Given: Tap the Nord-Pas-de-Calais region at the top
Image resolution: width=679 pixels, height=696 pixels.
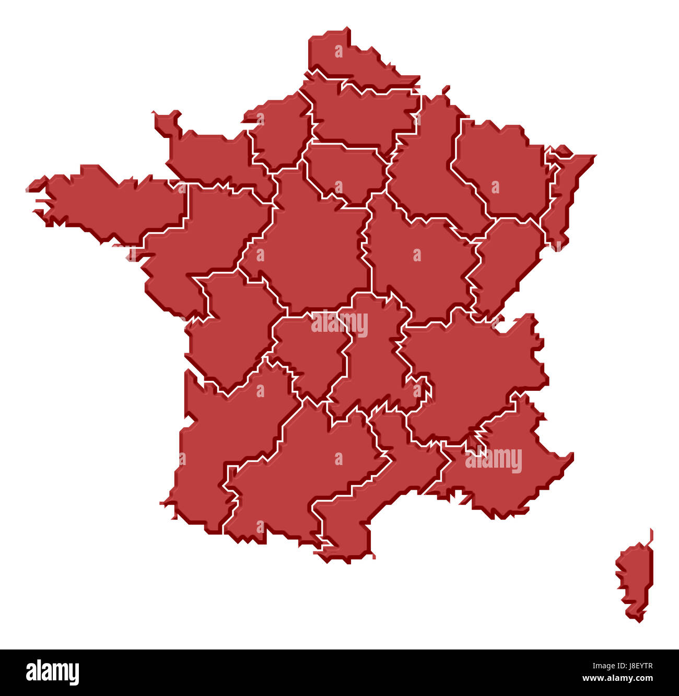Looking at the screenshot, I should point(350,60).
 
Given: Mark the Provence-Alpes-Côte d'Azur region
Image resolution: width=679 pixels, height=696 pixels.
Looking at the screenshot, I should point(501,470).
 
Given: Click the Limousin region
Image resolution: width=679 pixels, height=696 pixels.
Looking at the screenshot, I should point(311,355).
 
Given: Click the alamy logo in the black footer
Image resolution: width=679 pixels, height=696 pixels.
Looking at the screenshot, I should point(52,672).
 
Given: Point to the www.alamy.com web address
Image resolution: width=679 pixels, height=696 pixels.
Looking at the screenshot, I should point(617,679).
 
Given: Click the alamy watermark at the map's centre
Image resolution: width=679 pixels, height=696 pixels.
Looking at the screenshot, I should point(340,323).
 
